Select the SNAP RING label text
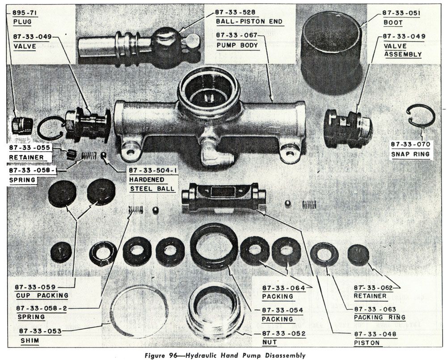pos(409,154)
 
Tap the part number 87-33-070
pos(410,144)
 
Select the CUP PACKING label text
pos(41,295)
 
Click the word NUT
pos(271,343)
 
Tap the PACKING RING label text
pos(380,317)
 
